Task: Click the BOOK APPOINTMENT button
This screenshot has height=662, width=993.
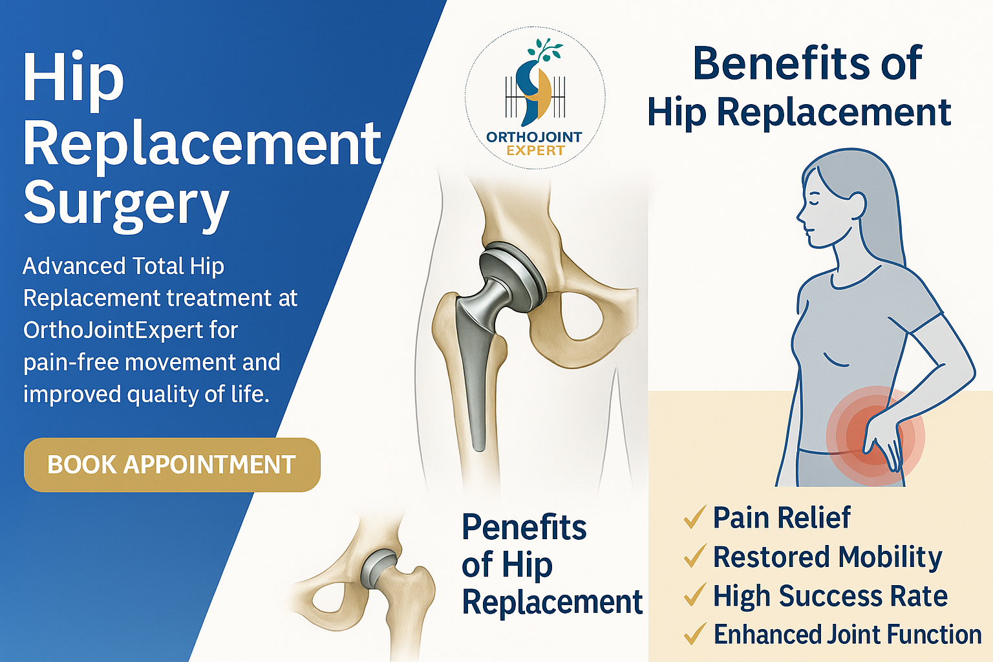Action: coord(172,465)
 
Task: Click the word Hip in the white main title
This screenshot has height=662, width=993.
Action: coord(73,79)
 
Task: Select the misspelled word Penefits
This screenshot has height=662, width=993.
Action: coord(524,528)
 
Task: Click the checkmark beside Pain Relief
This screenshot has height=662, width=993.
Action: coord(694,518)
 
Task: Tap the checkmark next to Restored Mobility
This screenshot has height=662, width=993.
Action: coord(694,557)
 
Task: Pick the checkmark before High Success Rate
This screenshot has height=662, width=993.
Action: coord(694,595)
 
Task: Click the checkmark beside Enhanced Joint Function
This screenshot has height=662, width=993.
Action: coord(694,634)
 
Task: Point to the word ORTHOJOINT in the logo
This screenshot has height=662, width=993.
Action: coord(534,137)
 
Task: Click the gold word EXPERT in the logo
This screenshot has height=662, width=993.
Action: coord(535,151)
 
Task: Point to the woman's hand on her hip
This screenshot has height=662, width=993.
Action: coord(882,440)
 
